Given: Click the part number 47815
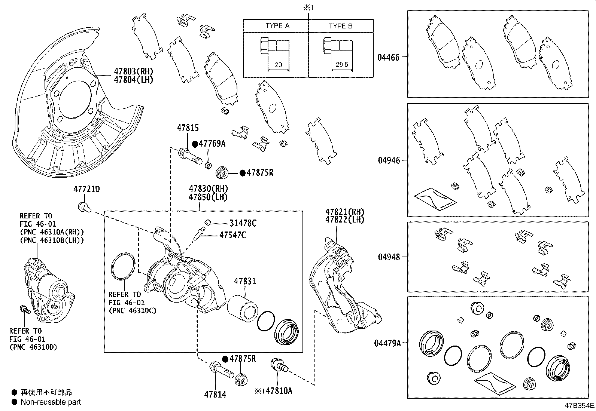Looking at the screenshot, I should click(188, 128).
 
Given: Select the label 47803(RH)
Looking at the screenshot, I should click(134, 71).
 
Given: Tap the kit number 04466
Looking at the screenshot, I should click(388, 57).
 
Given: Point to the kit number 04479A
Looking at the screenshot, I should click(387, 343).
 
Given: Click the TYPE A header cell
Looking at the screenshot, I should click(277, 26).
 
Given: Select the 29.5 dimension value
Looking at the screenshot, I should click(341, 64).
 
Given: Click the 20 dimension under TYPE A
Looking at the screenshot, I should click(278, 64).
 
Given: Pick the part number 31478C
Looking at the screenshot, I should click(243, 223).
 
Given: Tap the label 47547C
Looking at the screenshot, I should click(232, 235).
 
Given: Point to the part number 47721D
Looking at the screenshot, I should click(86, 189).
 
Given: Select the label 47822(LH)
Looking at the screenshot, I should click(344, 220).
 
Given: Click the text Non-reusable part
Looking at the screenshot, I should click(51, 402).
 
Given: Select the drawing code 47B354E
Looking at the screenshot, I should click(580, 406).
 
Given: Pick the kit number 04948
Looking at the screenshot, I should click(389, 257).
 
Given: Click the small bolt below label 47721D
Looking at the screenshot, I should click(83, 206).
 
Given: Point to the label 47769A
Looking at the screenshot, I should click(212, 144).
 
